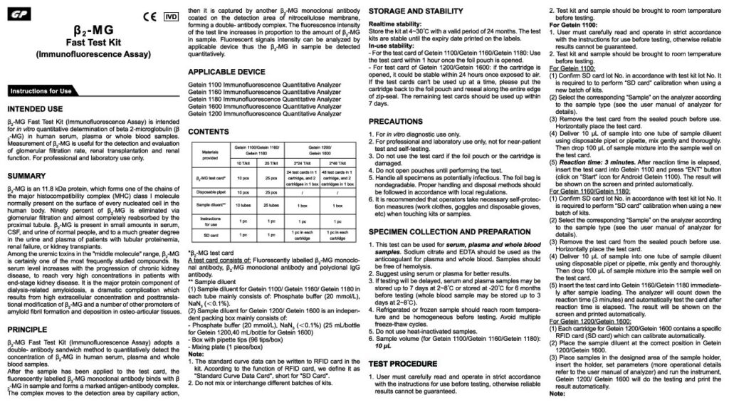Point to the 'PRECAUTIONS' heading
[400, 122]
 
